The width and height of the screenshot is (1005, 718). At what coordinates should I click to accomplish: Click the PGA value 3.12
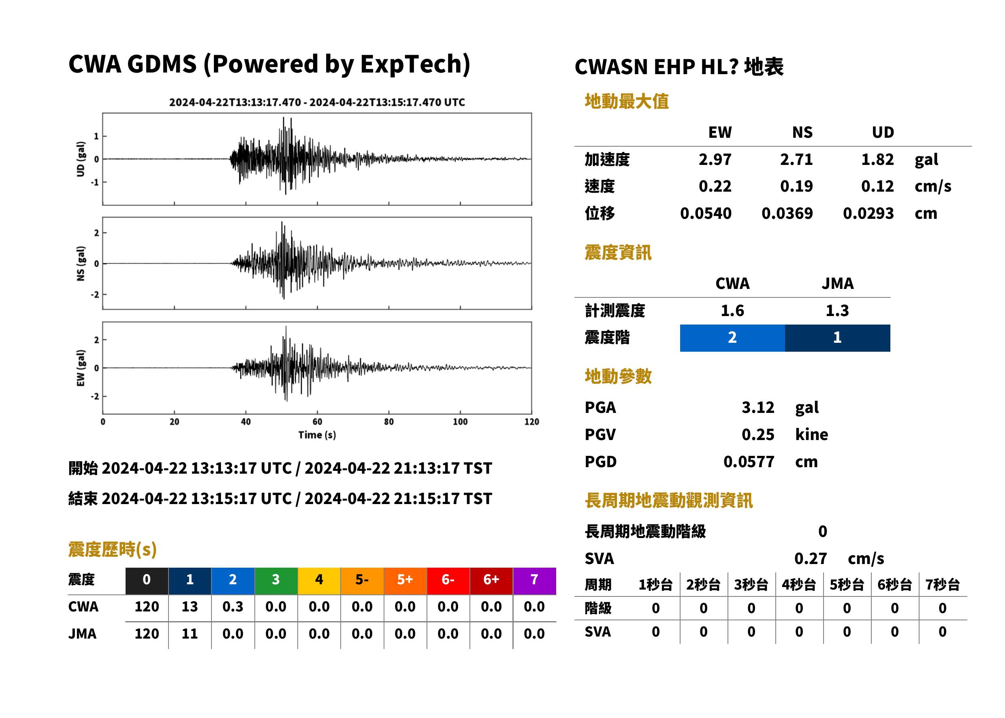757,407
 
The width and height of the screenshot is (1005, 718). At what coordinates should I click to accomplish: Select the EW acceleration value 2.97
715,159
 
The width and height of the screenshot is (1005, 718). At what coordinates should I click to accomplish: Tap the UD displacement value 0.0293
868,213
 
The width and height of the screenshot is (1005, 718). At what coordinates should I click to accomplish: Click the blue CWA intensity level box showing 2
732,338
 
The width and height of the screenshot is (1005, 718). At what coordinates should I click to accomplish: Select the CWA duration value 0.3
233,607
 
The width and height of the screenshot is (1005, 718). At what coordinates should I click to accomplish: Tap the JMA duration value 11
190,634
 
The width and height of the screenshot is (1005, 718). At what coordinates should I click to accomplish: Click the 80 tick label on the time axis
388,421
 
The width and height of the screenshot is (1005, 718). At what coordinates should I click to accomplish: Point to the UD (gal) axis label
81,159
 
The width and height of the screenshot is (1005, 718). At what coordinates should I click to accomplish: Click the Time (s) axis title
317,435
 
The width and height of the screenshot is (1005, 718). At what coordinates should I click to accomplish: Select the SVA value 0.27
810,558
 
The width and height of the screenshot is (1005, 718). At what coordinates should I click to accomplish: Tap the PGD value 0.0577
749,462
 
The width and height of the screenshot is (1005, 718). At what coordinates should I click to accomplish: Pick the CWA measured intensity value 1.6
732,310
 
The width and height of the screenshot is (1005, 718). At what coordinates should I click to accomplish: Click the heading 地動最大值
627,101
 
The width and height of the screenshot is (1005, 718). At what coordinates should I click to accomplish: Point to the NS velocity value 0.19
796,186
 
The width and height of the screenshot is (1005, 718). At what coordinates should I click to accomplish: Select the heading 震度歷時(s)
112,549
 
